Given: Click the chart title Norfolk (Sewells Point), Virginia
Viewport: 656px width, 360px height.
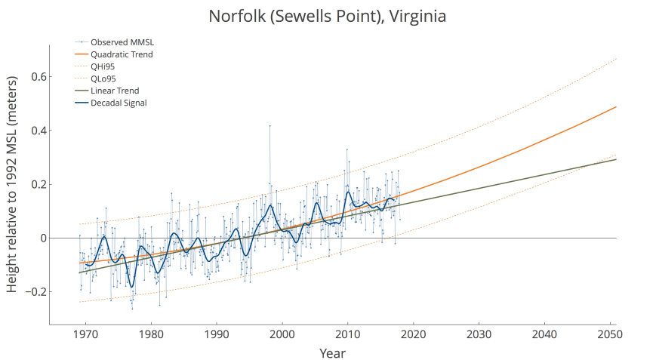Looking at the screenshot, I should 328,16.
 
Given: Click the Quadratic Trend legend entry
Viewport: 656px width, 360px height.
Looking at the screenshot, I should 122,54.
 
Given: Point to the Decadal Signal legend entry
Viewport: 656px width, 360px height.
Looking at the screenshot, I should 119,103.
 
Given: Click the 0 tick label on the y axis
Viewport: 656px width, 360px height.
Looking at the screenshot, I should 42,238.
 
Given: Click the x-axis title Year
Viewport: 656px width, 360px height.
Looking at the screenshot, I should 333,352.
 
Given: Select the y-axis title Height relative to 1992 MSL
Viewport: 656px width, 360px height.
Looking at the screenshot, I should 13,184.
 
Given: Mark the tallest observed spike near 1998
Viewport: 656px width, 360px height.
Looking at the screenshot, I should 269,125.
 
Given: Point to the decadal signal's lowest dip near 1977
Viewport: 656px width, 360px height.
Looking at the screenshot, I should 131,287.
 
